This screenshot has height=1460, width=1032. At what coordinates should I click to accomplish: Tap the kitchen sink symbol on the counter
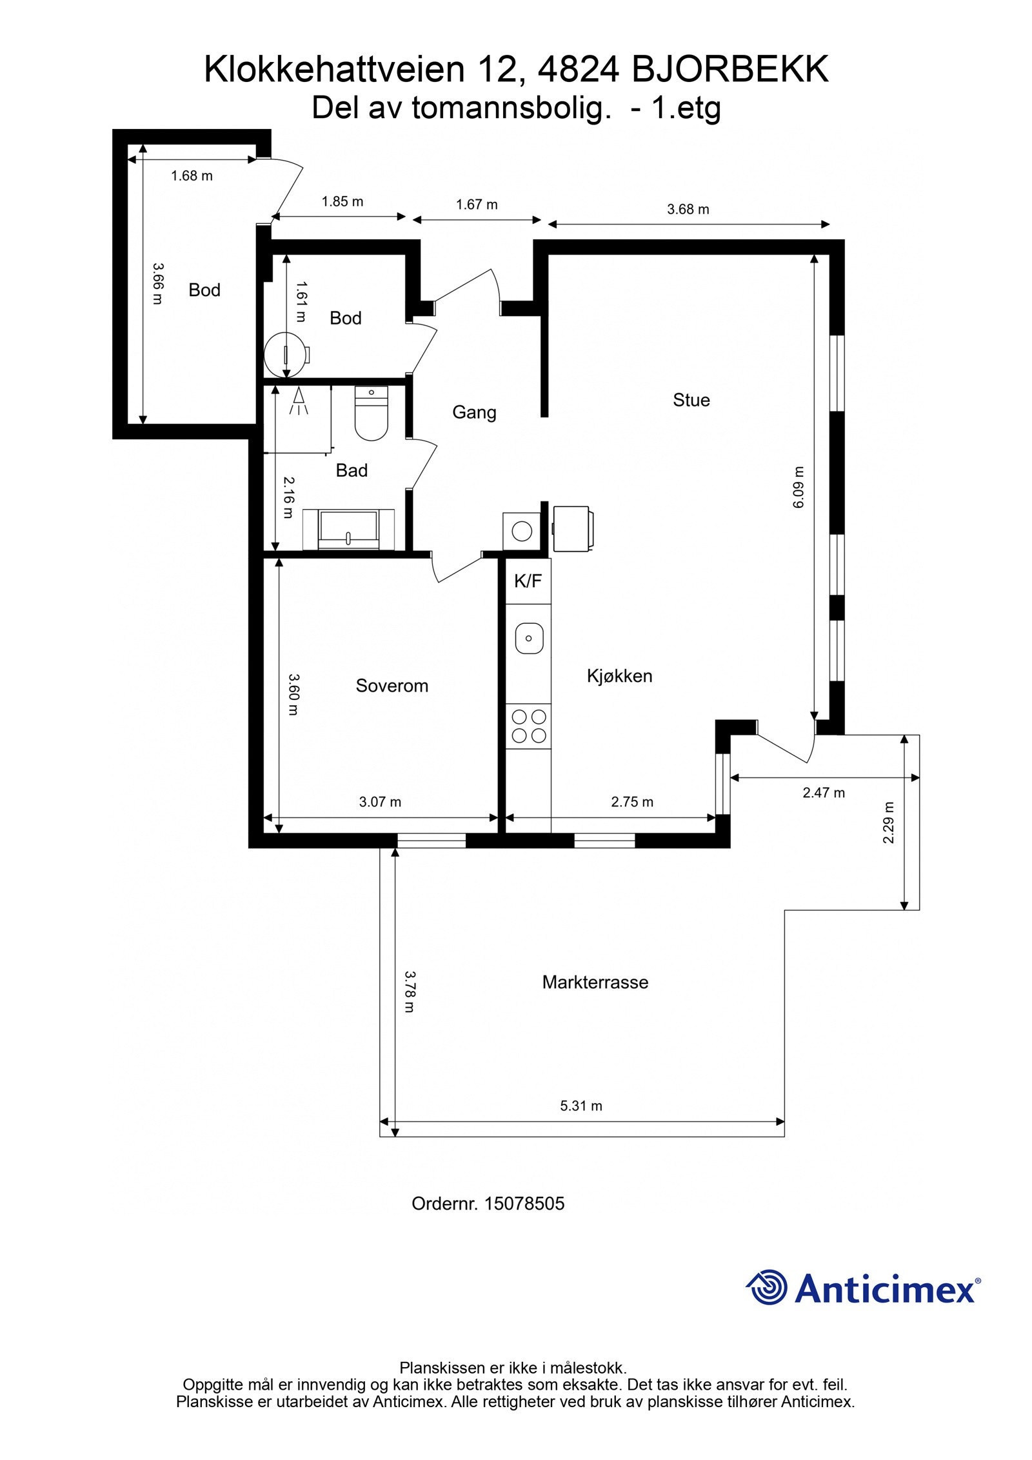click(529, 639)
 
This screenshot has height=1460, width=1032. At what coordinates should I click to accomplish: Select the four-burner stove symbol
click(529, 726)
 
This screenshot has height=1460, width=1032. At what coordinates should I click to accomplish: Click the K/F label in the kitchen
click(528, 581)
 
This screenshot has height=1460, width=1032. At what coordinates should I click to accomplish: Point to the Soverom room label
click(392, 685)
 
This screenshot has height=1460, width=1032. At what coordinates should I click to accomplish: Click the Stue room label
click(691, 400)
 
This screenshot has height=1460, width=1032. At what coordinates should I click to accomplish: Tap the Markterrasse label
click(595, 982)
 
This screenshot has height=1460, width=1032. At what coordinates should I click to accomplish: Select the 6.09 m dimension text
click(799, 488)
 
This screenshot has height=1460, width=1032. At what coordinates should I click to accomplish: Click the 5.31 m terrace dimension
click(580, 1106)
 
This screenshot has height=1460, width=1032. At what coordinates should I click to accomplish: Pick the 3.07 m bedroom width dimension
click(380, 802)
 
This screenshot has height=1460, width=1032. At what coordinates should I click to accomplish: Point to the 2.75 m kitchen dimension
click(632, 802)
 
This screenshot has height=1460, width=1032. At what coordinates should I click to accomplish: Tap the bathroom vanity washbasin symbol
click(349, 529)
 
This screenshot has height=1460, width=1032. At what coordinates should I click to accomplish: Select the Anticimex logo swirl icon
click(768, 1288)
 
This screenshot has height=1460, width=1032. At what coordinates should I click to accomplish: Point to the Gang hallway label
click(474, 412)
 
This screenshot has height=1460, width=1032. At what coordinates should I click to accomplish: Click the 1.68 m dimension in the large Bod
click(192, 175)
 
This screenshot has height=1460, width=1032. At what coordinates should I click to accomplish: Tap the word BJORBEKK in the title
click(730, 70)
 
